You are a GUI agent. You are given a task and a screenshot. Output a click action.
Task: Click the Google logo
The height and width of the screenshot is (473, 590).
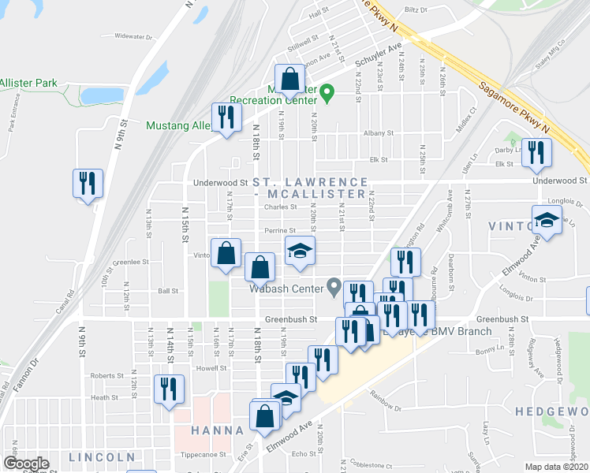pyautogui.click(x=25, y=464)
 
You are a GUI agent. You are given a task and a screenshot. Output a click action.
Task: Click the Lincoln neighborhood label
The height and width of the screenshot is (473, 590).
pyautogui.click(x=102, y=457)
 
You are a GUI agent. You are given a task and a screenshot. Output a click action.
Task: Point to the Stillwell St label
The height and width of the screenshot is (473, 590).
pyautogui.click(x=303, y=37)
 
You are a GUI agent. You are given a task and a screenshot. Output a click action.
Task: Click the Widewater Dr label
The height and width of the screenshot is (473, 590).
pyautogui.click(x=132, y=36)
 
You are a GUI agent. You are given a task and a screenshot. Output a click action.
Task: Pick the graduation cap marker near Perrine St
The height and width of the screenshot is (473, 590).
pyautogui.click(x=300, y=251)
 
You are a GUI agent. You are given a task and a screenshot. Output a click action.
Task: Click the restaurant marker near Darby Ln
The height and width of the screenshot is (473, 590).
pyautogui.click(x=537, y=154)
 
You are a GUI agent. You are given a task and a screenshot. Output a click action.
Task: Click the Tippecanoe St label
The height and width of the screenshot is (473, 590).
pyautogui.click(x=205, y=455)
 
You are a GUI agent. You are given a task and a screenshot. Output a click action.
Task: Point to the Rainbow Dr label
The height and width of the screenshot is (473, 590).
pyautogui.click(x=386, y=408)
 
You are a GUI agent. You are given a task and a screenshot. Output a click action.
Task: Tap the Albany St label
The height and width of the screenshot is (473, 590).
pyautogui.click(x=377, y=133)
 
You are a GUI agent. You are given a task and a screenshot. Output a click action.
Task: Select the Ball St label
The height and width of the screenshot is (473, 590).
pyautogui.click(x=168, y=291)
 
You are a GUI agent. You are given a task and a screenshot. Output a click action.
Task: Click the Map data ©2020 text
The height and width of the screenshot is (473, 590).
pyautogui.click(x=556, y=467)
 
